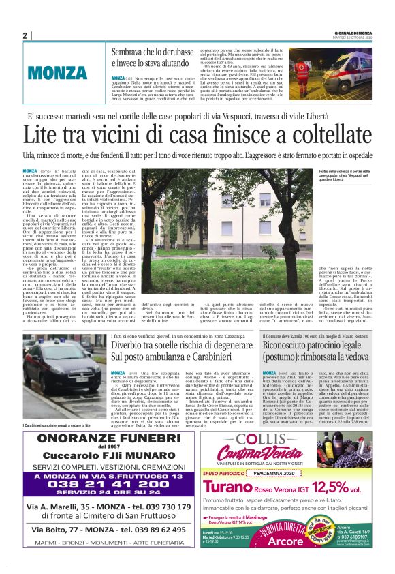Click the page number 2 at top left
coord(25,35)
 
